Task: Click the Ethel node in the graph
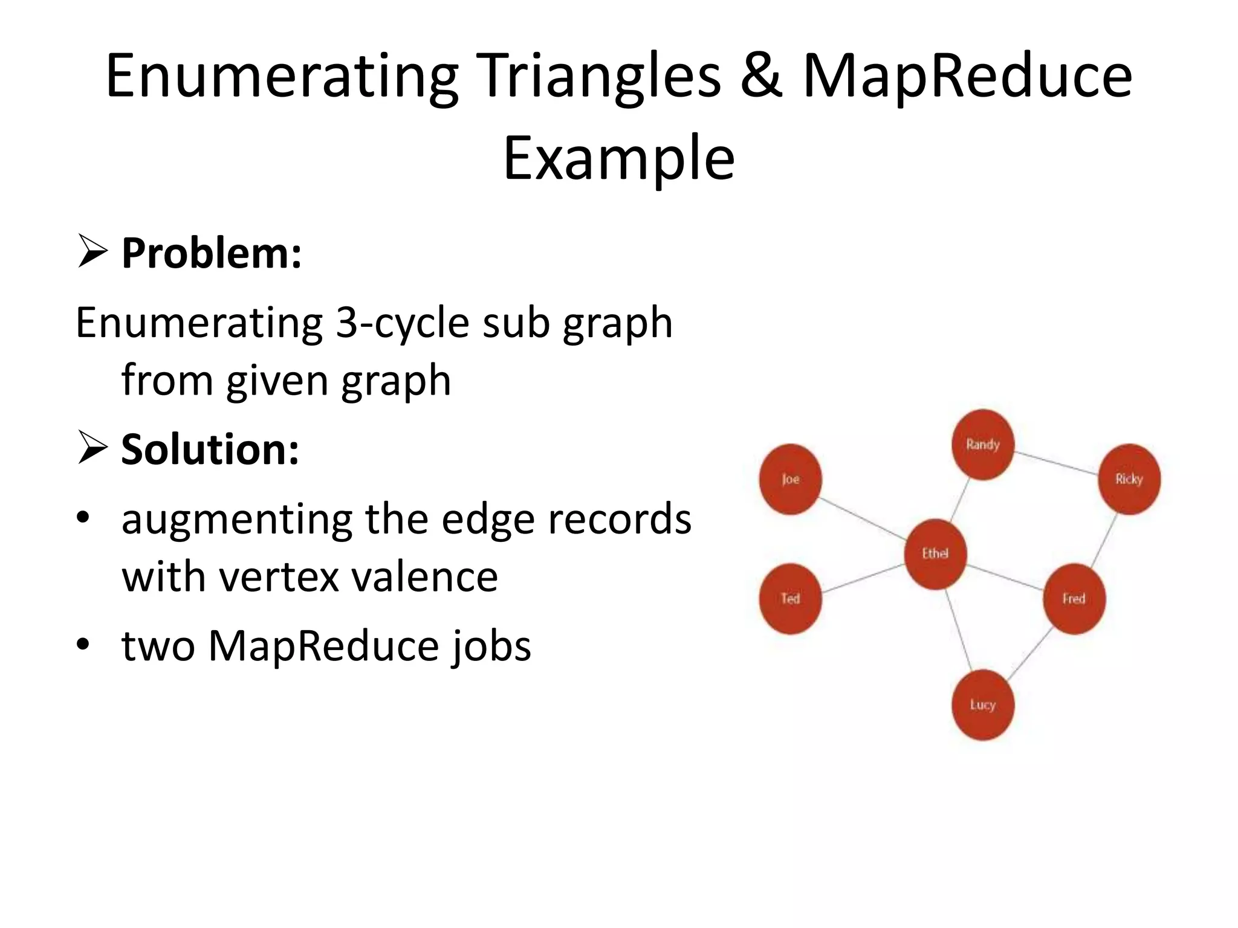[935, 553]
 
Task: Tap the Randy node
[983, 445]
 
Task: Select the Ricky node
[1129, 479]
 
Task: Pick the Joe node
[790, 479]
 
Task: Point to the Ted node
[790, 599]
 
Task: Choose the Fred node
[1074, 599]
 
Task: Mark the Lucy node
[982, 704]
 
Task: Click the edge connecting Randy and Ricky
[1056, 463]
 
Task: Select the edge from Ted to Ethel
[863, 578]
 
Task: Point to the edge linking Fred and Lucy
[1030, 653]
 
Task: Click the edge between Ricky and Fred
[1104, 540]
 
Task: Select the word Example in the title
[619, 158]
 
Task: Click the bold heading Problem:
[212, 253]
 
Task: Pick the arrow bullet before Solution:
[92, 449]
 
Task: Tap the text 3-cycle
[403, 323]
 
